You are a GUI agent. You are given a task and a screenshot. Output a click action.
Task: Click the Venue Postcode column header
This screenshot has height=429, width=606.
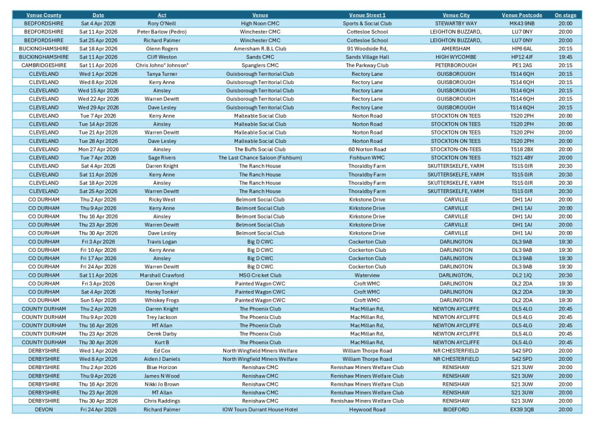coord(521,15)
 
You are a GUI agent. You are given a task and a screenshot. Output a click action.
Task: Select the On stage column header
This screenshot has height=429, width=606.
coord(565,15)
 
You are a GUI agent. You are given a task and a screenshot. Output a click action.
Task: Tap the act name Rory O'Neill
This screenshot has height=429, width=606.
coord(162,23)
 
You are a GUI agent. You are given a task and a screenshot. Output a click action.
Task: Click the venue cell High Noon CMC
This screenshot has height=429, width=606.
coord(260,23)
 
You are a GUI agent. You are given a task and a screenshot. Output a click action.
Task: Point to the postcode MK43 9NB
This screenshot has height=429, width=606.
coord(521,23)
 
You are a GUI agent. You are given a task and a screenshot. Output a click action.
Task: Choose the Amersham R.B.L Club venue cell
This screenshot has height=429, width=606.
coord(260,49)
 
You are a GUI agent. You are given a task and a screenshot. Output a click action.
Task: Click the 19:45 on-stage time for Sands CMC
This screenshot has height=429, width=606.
coord(565,57)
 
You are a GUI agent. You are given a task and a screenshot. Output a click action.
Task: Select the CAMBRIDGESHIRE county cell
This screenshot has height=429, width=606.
coord(44,65)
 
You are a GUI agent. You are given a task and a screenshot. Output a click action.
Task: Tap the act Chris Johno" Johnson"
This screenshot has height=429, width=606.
coord(162,65)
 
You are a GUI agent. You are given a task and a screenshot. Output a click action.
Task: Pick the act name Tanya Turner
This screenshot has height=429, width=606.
coord(162,73)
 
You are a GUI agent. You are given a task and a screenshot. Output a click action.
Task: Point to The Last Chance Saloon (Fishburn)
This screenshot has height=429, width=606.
coord(260,158)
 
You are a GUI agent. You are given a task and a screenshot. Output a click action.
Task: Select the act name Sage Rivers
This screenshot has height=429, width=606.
coord(162,158)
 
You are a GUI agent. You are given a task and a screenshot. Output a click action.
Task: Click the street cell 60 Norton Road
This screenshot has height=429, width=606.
coord(367,149)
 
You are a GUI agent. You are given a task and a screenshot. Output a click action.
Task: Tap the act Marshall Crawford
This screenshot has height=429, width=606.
coord(162,275)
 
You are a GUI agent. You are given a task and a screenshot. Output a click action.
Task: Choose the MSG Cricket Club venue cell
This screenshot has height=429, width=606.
coord(260,275)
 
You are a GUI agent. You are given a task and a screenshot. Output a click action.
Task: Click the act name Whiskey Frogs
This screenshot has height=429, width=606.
coord(162,300)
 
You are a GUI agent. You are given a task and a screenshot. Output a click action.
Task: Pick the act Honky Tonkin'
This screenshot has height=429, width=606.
coord(162,292)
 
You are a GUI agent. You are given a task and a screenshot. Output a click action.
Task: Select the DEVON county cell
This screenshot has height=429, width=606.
coord(44,409)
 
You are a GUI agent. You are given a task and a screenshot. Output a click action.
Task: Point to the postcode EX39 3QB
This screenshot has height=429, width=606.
coord(521,409)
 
